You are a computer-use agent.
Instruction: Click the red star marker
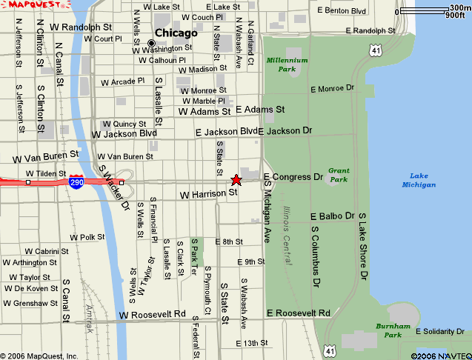pos(236,180)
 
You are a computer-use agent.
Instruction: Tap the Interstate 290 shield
pos(76,182)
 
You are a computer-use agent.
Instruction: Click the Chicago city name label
pos(176,33)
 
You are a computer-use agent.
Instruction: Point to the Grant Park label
pos(339,175)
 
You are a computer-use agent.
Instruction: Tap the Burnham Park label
pos(388,330)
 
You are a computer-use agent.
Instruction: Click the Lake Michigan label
pos(419,180)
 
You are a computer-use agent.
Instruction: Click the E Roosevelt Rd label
pos(298,313)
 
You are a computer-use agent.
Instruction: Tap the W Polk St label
pos(87,237)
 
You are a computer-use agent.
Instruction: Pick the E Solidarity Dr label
pos(445,331)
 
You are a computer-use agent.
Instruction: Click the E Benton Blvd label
pos(342,11)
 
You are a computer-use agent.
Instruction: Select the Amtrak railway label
pos(90,315)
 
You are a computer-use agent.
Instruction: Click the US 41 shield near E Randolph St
pos(376,50)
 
